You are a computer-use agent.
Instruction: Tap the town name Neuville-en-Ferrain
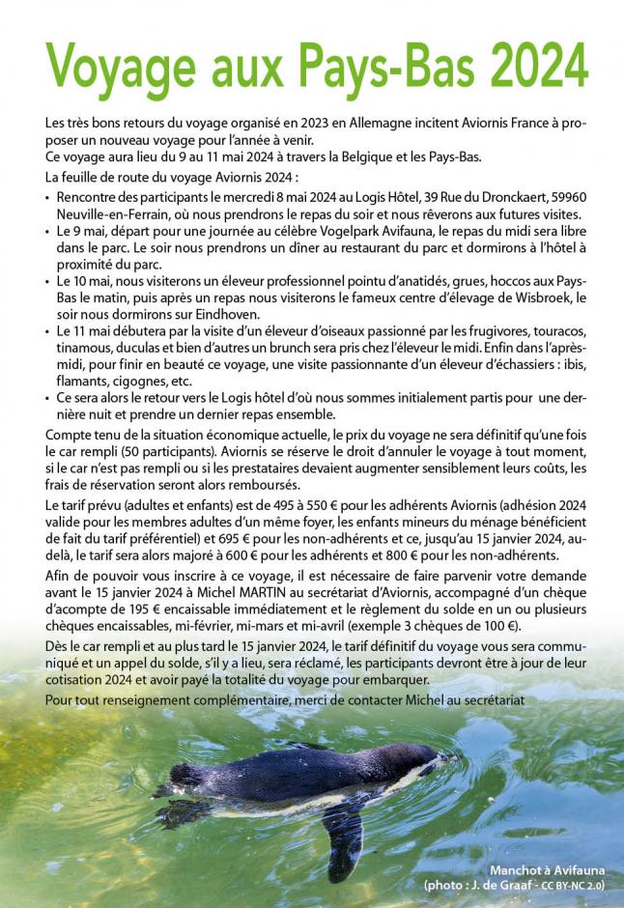(x=108, y=213)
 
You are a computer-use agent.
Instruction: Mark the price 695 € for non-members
(x=289, y=539)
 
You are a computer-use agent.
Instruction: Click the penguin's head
(x=430, y=758)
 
